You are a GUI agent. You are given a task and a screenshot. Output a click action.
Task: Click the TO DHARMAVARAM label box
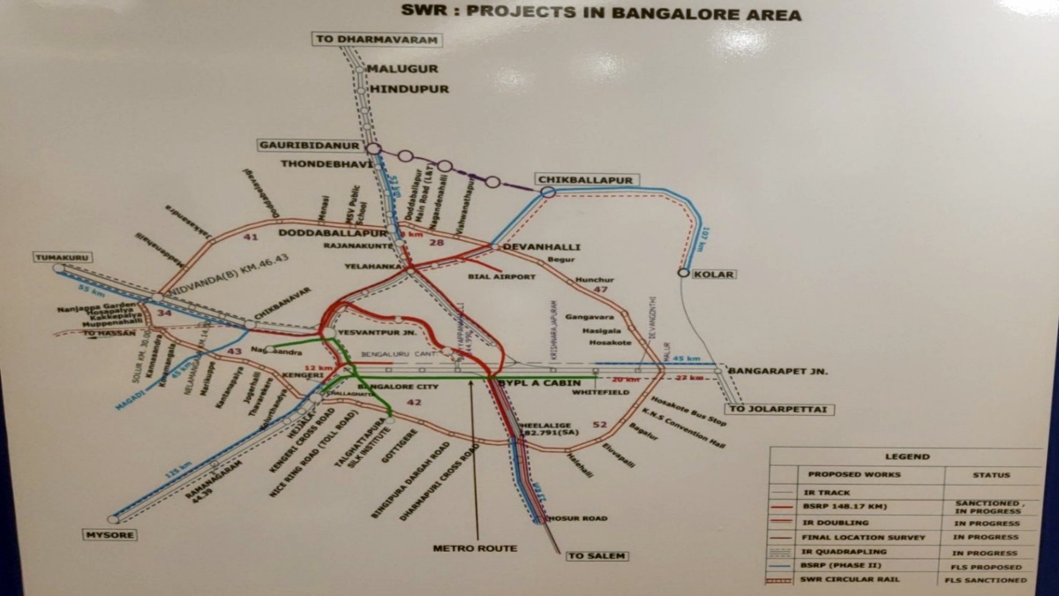click(x=377, y=39)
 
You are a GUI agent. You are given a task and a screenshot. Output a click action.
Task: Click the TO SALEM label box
click(x=597, y=555)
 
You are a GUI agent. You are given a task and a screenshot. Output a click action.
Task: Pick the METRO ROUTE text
click(x=475, y=548)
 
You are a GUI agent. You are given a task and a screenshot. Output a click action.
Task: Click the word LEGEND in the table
click(x=907, y=456)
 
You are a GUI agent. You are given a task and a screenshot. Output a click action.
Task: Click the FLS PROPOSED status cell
click(x=991, y=566)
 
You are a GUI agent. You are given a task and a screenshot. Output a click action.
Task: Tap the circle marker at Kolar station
click(x=683, y=273)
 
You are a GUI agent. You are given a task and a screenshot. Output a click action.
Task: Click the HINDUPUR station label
click(x=409, y=89)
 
